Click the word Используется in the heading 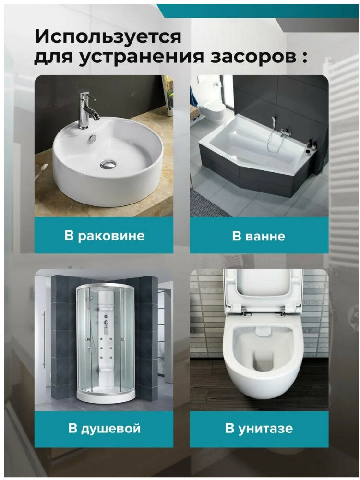point(108,37)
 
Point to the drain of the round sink point(108,164)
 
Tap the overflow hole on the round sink point(93,138)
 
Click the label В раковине point(104,236)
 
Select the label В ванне point(259,236)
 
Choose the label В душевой point(104,428)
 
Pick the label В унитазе point(259,428)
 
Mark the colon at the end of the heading point(304,58)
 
